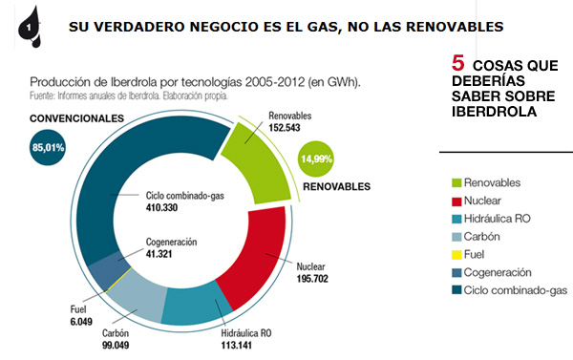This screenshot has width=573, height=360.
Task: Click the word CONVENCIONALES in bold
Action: click(x=76, y=117)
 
